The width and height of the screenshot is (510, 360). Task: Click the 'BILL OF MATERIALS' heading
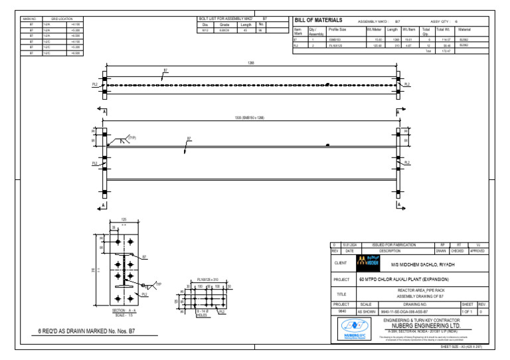tap(318, 21)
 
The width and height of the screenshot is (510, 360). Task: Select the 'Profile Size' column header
tap(337, 29)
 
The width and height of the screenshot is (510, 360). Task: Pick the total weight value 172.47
tap(446, 50)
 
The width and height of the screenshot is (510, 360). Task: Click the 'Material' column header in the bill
tap(464, 29)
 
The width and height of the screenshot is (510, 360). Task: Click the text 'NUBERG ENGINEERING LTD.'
tap(426, 327)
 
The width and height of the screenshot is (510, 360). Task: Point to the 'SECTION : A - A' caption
tap(125, 310)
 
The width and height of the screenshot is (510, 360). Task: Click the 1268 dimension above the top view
tap(251, 63)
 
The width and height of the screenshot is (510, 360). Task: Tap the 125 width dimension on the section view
tap(124, 219)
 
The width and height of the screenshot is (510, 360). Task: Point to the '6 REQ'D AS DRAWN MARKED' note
tap(86, 330)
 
